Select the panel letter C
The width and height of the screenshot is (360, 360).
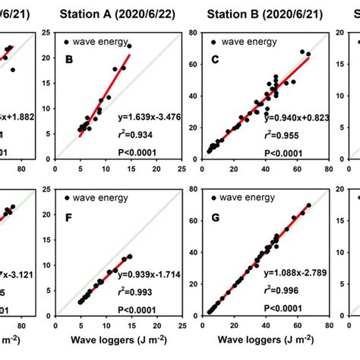[x=216, y=57]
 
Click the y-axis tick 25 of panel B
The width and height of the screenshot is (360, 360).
[x=47, y=33]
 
